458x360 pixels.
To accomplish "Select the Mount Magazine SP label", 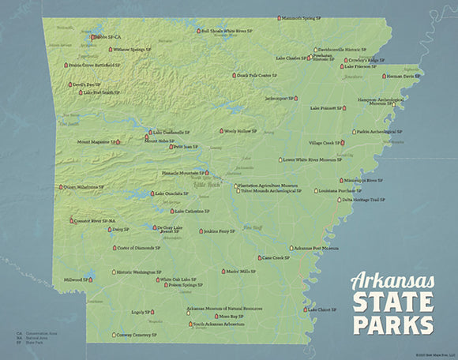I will click(95, 142).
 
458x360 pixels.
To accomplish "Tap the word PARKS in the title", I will click(392, 324).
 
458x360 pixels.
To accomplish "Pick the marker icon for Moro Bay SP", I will click(216, 316).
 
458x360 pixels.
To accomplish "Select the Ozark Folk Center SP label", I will click(257, 76).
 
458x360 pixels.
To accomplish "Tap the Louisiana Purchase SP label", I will click(341, 190).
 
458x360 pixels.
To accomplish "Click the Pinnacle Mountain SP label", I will click(181, 172).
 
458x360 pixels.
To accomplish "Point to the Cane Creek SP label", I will click(276, 257).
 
